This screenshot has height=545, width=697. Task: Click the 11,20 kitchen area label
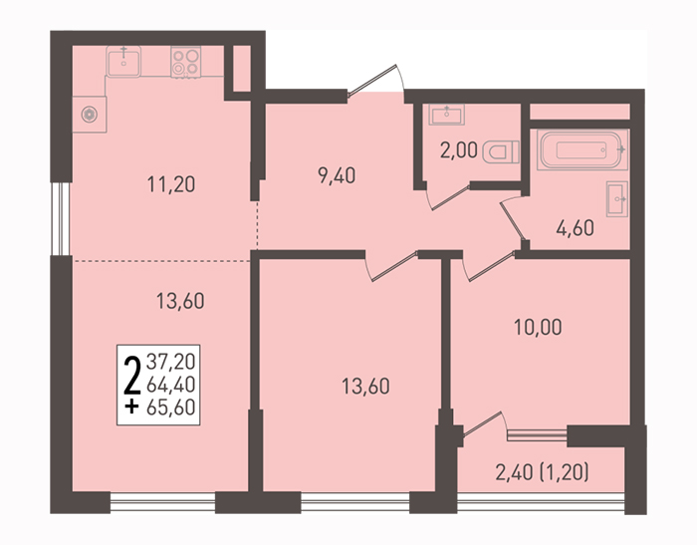click(x=171, y=184)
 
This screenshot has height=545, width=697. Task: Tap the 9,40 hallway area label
click(x=337, y=176)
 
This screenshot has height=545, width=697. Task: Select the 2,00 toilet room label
click(x=459, y=150)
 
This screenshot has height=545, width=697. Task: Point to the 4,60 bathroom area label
click(x=576, y=228)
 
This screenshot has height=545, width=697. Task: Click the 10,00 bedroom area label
click(x=538, y=328)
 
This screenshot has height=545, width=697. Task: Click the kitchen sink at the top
click(x=123, y=62)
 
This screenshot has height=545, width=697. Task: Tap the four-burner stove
click(x=186, y=62)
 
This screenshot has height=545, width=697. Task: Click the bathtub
click(x=582, y=149)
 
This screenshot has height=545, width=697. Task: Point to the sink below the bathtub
click(x=617, y=199)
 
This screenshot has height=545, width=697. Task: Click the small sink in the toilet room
click(x=447, y=115)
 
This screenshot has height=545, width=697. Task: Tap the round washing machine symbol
click(x=90, y=115)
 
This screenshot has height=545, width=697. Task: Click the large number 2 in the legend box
click(x=132, y=377)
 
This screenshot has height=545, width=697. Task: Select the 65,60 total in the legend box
click(x=171, y=408)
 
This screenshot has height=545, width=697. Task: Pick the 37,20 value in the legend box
click(x=171, y=362)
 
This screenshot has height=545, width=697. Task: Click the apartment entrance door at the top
click(x=372, y=80)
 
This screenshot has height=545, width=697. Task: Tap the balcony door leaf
click(x=482, y=423)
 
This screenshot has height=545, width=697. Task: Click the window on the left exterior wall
click(x=61, y=219)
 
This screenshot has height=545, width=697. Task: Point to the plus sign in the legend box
click(x=131, y=407)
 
